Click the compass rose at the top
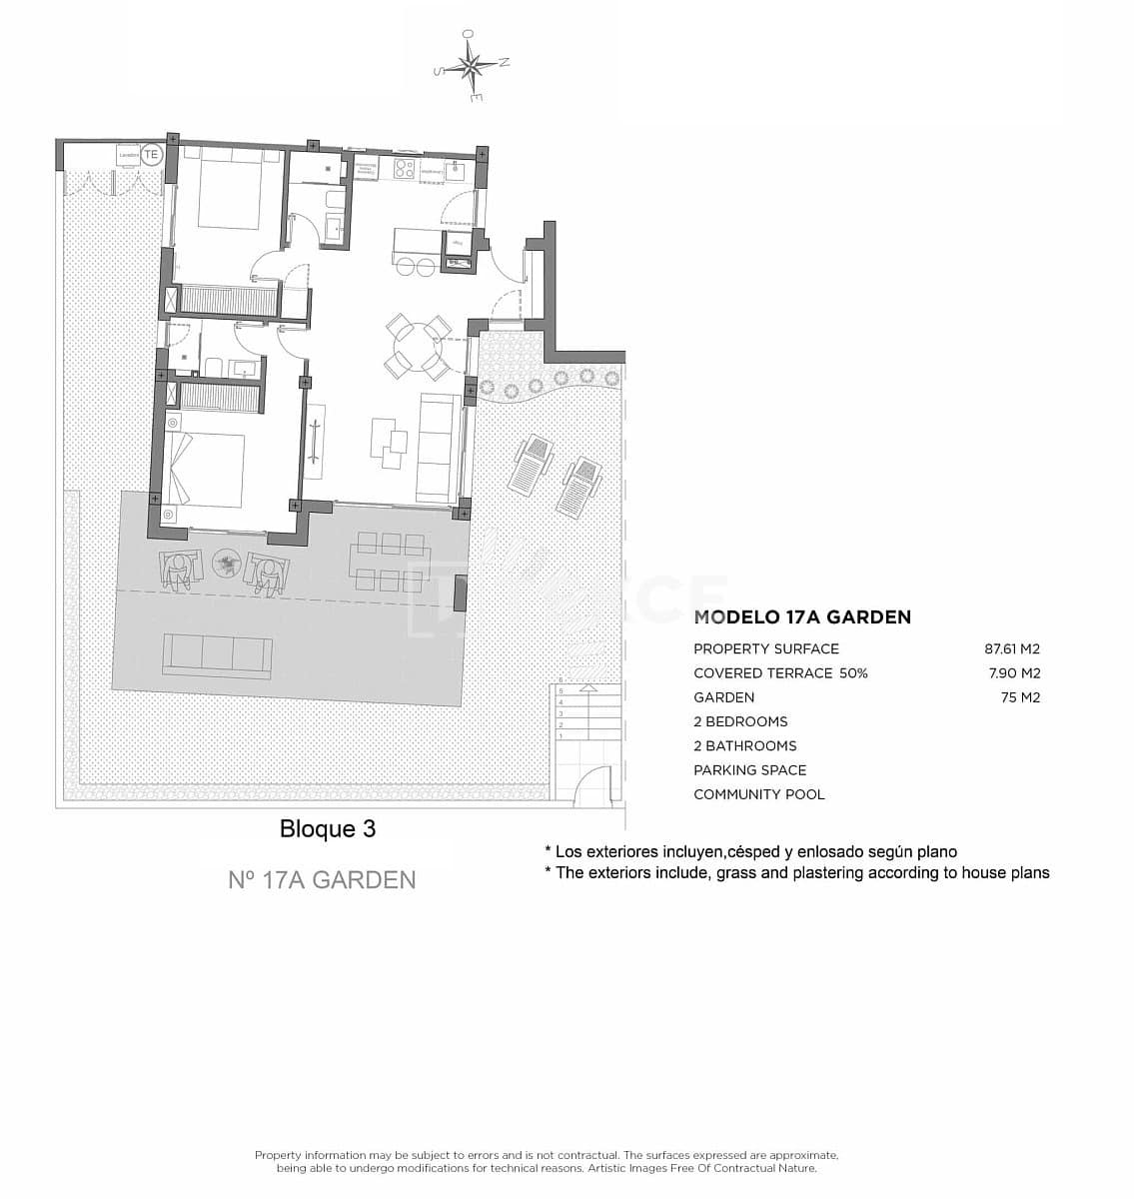click(x=471, y=66)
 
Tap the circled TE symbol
click(x=151, y=155)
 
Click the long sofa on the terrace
click(x=218, y=652)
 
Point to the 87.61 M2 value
click(x=1012, y=648)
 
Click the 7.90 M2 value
click(x=1014, y=673)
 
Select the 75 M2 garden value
click(x=1020, y=697)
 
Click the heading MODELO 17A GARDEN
click(x=802, y=617)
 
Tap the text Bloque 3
click(x=328, y=829)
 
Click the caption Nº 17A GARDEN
click(x=322, y=879)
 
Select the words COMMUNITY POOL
click(x=759, y=794)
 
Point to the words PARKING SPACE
click(x=749, y=770)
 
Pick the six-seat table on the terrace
click(x=389, y=562)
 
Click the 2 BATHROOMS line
click(x=744, y=745)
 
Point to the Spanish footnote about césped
click(x=750, y=852)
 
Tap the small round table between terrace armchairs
click(x=228, y=566)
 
